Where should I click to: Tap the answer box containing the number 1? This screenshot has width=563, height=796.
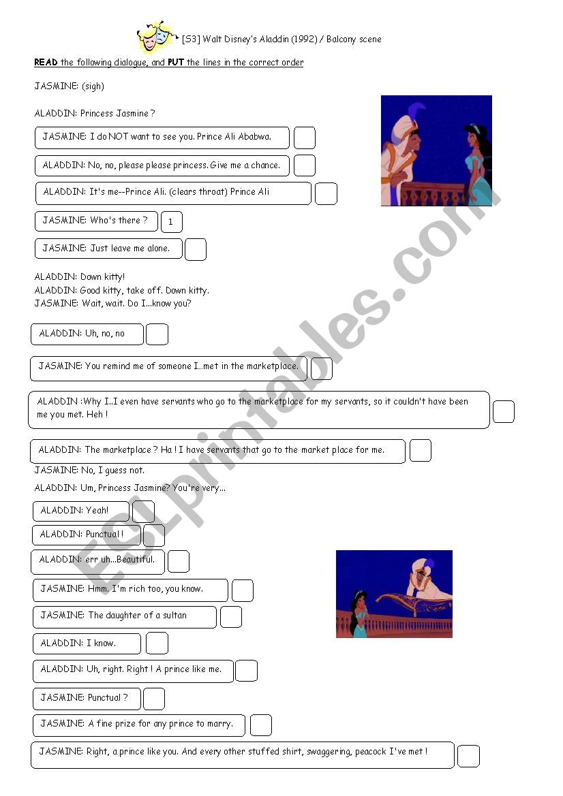[x=171, y=222]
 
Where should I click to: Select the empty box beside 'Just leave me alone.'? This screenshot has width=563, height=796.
[x=195, y=249]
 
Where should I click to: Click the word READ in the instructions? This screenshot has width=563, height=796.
[x=46, y=63]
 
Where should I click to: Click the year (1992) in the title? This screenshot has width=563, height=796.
[x=304, y=39]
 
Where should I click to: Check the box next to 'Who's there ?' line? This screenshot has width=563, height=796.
[x=171, y=222]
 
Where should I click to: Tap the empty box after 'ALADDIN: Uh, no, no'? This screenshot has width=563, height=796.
[x=157, y=334]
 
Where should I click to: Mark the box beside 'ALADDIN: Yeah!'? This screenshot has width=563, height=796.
[x=143, y=511]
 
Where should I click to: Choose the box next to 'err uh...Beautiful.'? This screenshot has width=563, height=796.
[x=178, y=561]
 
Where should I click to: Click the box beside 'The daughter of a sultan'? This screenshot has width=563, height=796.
[x=230, y=616]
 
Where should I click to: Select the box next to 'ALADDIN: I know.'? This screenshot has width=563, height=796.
[x=157, y=643]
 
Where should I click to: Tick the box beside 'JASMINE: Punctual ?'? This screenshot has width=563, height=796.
[x=153, y=699]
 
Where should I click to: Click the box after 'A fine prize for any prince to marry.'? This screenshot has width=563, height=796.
[x=260, y=725]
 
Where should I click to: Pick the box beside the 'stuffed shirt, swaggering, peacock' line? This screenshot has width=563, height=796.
[x=468, y=756]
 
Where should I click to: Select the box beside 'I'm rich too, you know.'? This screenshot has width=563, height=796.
[x=242, y=590]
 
